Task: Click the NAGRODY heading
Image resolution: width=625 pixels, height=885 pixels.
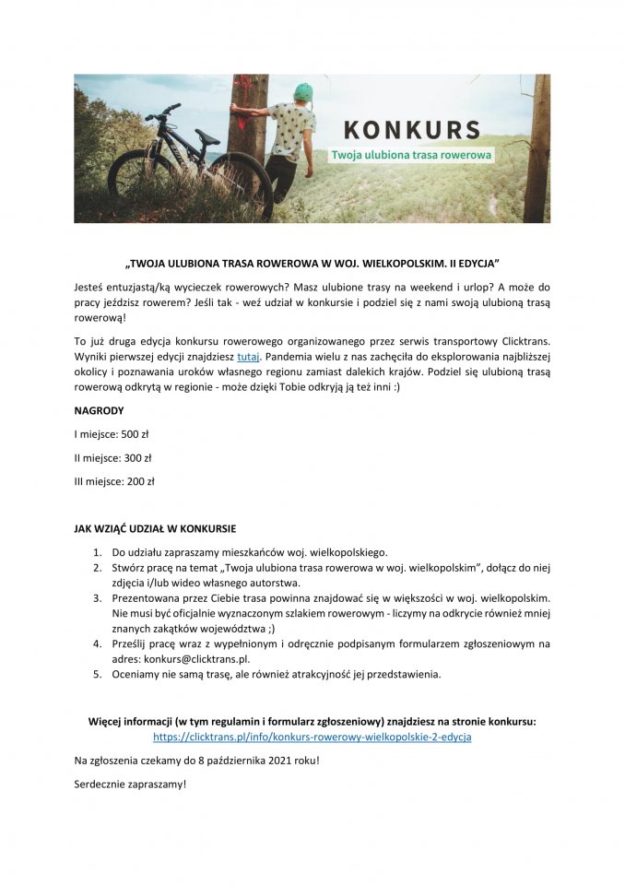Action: [99, 409]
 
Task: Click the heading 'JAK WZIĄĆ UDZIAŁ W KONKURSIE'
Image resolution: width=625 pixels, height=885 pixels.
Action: [155, 529]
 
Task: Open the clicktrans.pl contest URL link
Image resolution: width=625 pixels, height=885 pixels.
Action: [312, 737]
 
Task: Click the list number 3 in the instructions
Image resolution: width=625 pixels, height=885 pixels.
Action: [97, 598]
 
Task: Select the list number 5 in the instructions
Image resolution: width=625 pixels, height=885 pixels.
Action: [97, 674]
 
